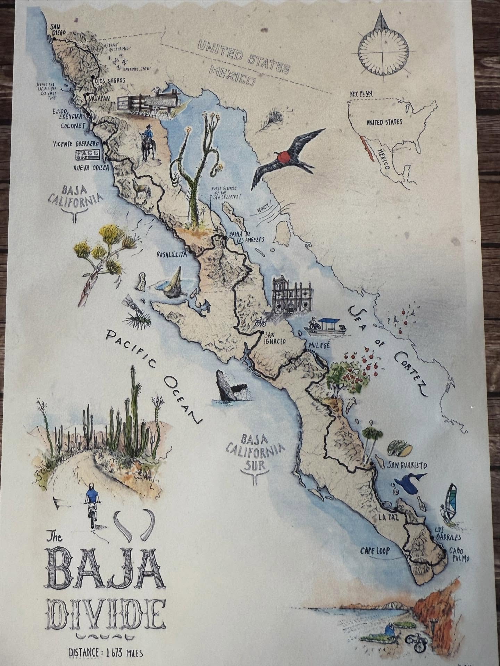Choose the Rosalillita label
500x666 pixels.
tap(172, 254)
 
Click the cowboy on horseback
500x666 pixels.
tap(148, 143)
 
